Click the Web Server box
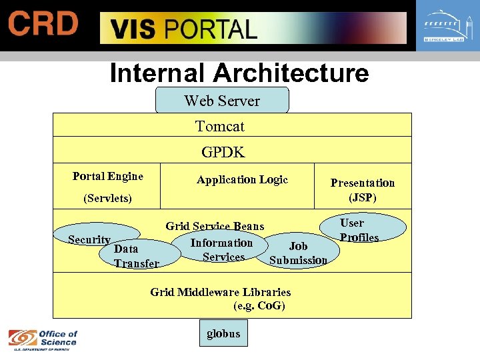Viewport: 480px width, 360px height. (222, 101)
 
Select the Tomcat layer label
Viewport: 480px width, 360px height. (220, 126)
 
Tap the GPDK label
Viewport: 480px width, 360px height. (223, 152)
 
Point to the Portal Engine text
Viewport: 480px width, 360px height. (108, 176)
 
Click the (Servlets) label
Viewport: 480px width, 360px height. (107, 198)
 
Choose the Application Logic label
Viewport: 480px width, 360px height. (242, 179)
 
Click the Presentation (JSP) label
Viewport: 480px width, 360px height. (363, 190)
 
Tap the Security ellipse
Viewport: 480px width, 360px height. (89, 240)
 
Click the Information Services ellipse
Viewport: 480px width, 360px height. (222, 250)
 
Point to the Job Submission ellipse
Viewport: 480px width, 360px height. (298, 253)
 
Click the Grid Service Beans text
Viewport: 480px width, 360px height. (215, 227)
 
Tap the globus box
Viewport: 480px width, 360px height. (223, 333)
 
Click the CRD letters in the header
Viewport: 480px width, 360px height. (43, 25)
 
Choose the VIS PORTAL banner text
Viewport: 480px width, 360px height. (183, 29)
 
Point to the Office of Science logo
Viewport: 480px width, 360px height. (43, 338)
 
